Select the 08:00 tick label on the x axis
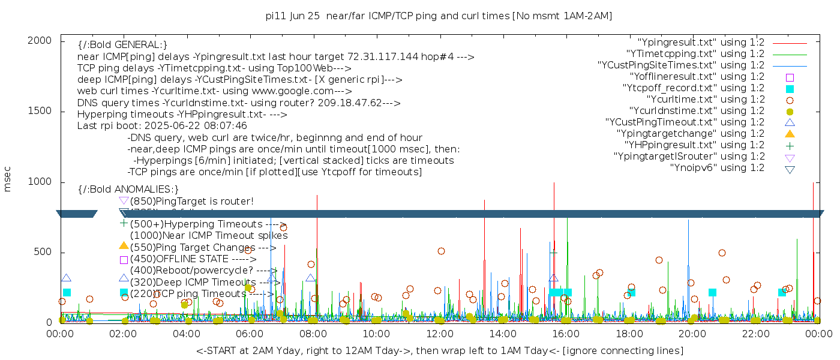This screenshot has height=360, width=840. (x=313, y=334)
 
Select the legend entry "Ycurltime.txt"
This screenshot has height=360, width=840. (x=705, y=100)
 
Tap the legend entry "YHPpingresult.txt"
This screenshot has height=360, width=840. (x=694, y=145)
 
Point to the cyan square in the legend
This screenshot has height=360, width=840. (x=790, y=88)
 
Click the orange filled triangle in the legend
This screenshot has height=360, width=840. (x=790, y=134)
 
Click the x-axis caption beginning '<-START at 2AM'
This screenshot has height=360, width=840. (x=439, y=350)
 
